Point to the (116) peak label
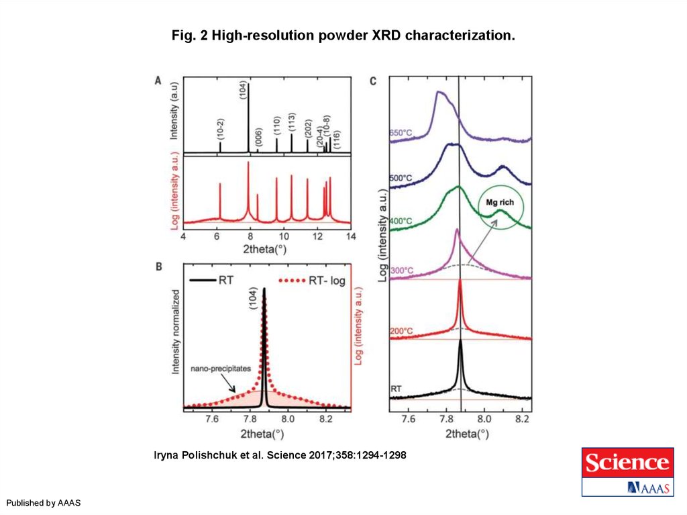(337, 139)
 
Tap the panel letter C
(373, 82)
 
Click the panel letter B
(158, 267)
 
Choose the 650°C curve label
(401, 133)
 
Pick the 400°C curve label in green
(401, 222)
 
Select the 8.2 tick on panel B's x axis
(326, 419)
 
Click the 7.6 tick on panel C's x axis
(409, 419)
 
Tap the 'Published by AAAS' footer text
(44, 503)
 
